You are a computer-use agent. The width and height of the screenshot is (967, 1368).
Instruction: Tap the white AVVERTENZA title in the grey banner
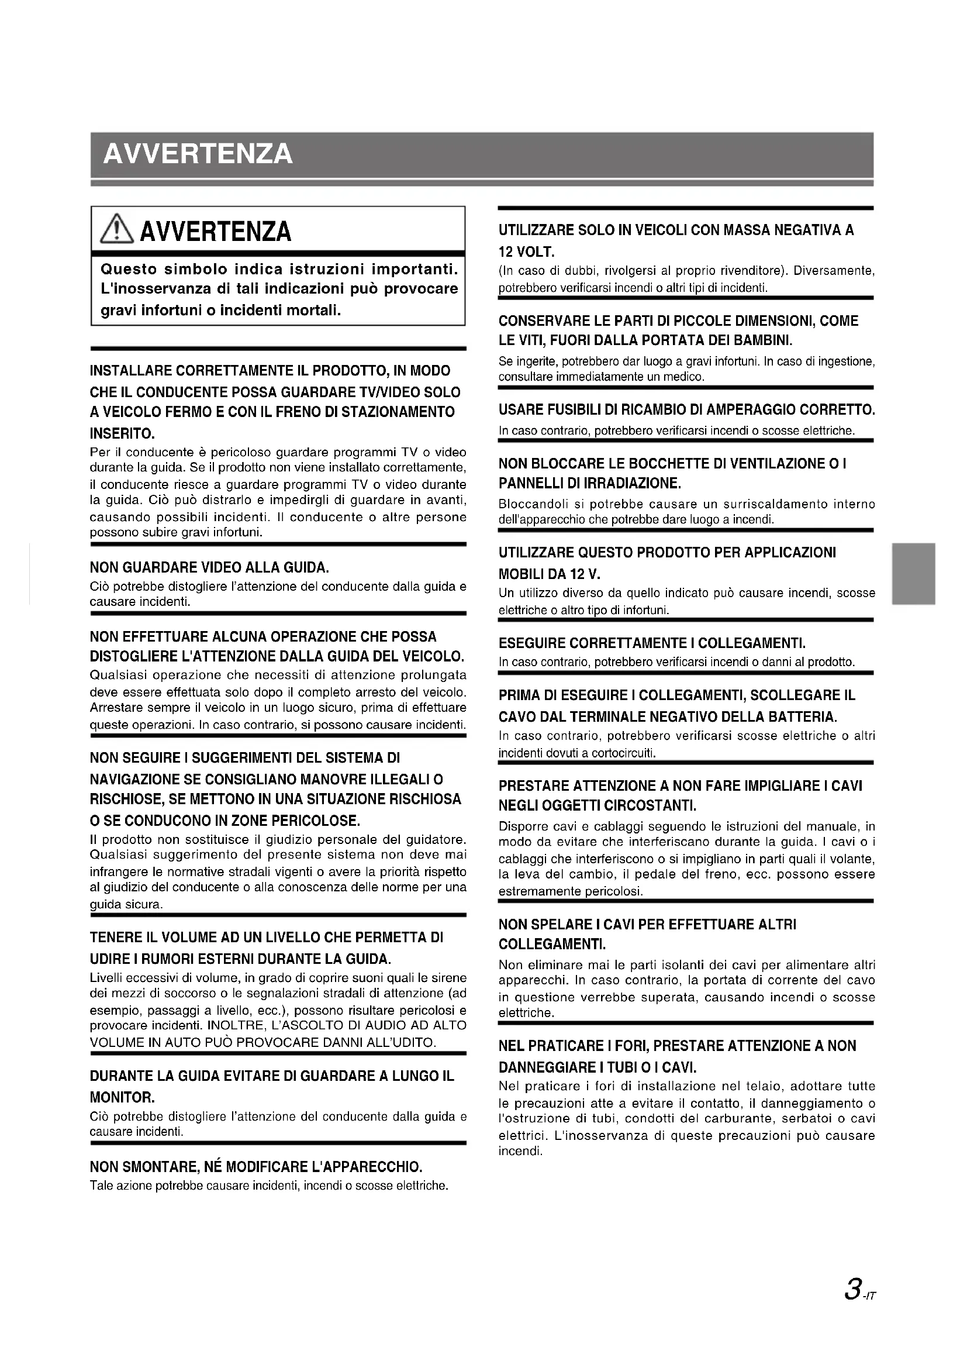198,154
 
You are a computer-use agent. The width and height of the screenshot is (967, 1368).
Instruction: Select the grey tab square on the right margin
913,574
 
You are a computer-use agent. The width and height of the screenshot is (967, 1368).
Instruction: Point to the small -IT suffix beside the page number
871,1292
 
